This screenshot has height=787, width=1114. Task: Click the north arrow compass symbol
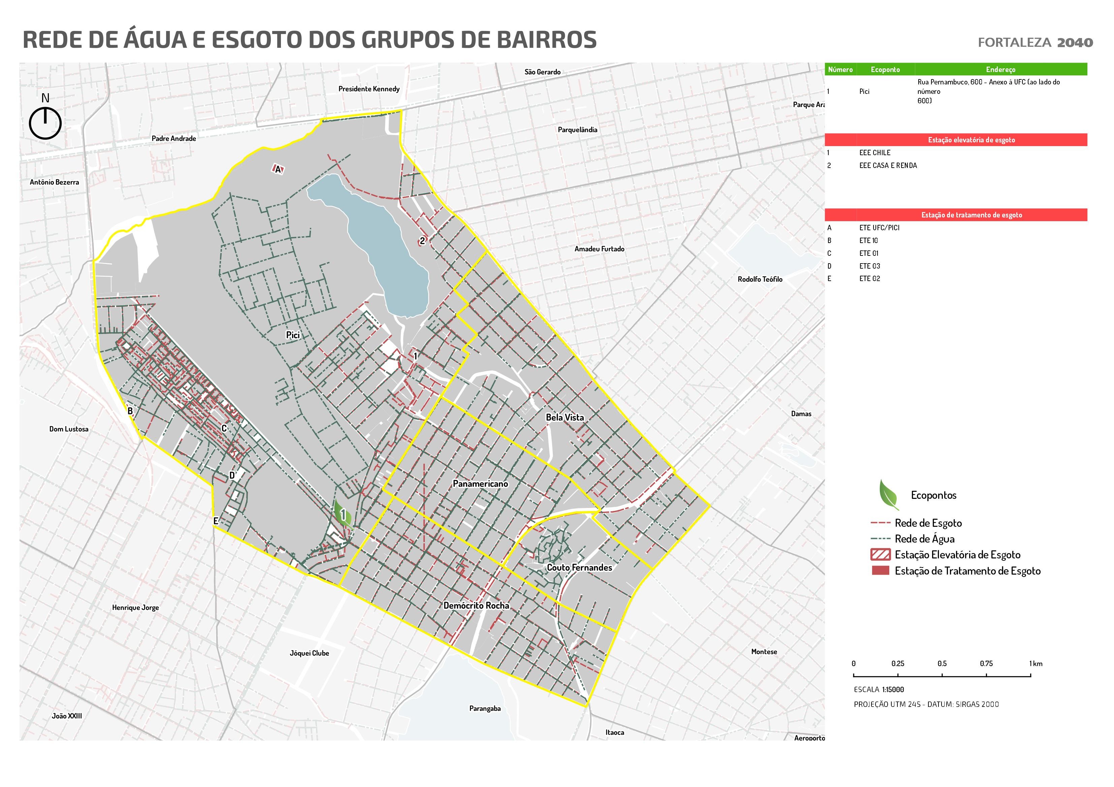tap(45, 123)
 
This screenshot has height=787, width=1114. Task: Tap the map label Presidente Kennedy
tap(369, 89)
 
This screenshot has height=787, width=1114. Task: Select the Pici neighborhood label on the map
tap(293, 335)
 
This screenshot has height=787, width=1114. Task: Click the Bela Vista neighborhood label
tap(565, 417)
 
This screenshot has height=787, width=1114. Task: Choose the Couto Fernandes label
tap(579, 567)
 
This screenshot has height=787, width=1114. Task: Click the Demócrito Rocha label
tap(476, 606)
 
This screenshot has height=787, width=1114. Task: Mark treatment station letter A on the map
tap(278, 169)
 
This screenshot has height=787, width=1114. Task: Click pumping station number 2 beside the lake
tap(422, 241)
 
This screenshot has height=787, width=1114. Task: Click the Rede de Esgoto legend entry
tap(928, 523)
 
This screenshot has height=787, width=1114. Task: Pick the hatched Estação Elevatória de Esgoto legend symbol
tap(881, 554)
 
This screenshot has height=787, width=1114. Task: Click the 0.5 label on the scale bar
tap(942, 663)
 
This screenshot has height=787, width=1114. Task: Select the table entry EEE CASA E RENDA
tap(888, 165)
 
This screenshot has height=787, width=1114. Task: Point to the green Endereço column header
tap(1000, 69)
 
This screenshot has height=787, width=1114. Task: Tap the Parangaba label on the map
tap(485, 709)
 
